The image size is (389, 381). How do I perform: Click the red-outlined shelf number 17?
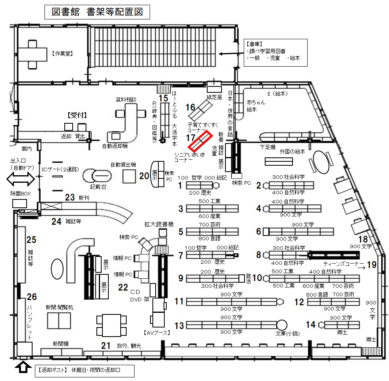coord(200,141)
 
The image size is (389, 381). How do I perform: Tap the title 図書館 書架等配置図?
coord(97,12)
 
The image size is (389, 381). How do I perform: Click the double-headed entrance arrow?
coord(21,179)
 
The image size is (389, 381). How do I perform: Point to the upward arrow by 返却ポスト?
coord(23,368)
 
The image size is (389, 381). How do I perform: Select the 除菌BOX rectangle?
coord(19,204)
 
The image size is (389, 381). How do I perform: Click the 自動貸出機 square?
coord(129,176)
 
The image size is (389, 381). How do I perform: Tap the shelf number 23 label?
coord(70,197)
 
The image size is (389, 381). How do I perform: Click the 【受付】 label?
coord(77,115)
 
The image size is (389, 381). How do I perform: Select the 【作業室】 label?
coord(63,54)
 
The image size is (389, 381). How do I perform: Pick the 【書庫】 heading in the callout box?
coord(254,44)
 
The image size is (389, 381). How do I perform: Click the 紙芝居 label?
coord(214,97)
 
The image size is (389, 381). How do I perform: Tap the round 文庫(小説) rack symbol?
coord(281,325)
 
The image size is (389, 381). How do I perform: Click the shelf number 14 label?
coord(310,325)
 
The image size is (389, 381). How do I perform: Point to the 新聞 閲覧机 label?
coord(59,307)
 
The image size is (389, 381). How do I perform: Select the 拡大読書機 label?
coord(159,224)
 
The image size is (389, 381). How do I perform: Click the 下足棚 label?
coord(268,147)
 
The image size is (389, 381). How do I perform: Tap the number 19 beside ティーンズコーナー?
coord(372,265)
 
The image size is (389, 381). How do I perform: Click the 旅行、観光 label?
coord(129,346)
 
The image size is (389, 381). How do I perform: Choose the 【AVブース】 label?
coord(157,333)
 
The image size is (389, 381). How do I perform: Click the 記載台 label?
coord(98,187)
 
